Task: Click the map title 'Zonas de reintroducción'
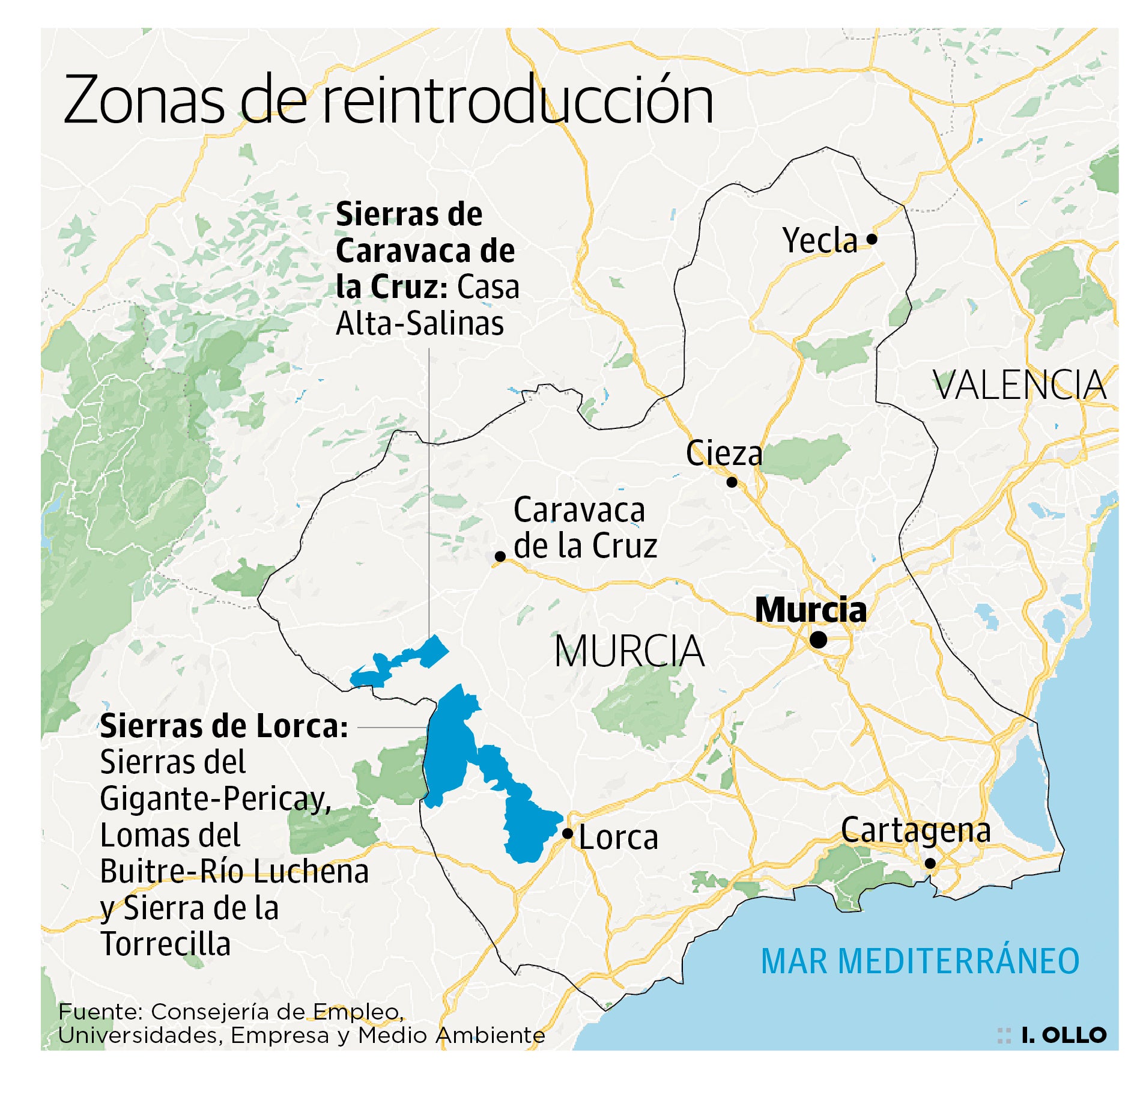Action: [x=388, y=101]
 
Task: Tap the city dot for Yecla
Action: [x=872, y=239]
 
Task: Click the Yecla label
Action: [x=820, y=241]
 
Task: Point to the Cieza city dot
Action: [x=732, y=482]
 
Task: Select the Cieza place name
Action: [x=724, y=454]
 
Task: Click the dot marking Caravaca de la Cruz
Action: [x=500, y=556]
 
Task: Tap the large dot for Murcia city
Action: [x=818, y=640]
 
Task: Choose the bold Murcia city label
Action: [x=810, y=610]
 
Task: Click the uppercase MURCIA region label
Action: [x=629, y=651]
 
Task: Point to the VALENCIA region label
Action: [x=1019, y=386]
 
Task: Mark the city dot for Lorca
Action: [x=567, y=833]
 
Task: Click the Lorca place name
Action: [x=618, y=837]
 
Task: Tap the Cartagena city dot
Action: [x=930, y=863]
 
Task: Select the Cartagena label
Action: [x=915, y=831]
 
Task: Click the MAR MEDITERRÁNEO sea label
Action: [x=920, y=961]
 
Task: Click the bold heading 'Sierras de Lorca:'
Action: [x=223, y=726]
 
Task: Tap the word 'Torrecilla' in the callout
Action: [x=166, y=944]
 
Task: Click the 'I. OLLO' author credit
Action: [x=1064, y=1035]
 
